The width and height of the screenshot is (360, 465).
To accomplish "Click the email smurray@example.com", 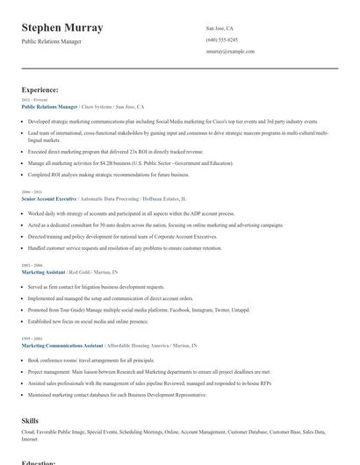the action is point(230,52).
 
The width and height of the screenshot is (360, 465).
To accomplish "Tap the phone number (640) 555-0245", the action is point(221,40).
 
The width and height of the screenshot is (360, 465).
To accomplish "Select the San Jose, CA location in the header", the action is point(220,28).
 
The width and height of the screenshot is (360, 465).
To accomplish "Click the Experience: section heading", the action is point(40,89).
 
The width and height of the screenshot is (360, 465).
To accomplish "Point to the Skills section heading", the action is point(30,420).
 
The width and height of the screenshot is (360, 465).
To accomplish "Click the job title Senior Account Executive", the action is point(49,199).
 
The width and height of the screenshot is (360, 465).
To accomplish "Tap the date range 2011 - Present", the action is point(35,100).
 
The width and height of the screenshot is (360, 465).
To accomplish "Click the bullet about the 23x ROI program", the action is point(114,151).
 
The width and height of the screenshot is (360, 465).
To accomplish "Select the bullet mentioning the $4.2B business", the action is point(132,163).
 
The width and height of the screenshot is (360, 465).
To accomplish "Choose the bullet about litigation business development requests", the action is point(97,287).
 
